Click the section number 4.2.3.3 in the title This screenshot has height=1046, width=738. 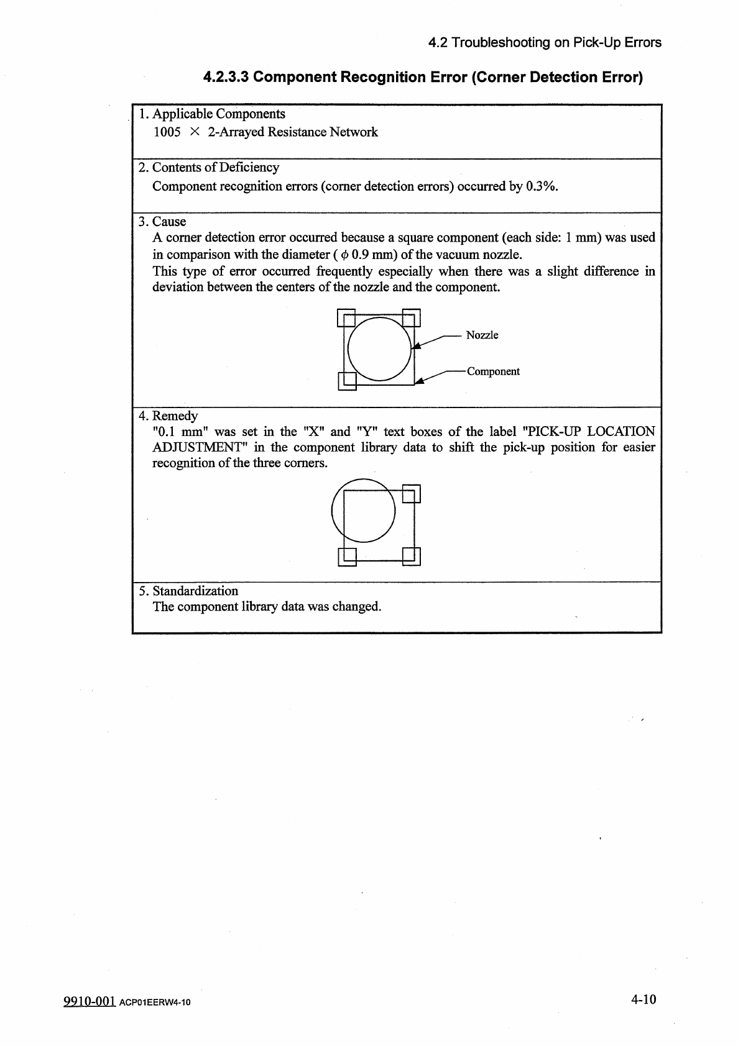click(x=227, y=78)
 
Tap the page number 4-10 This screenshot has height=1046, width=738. click(x=643, y=999)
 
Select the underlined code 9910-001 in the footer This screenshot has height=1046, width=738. click(x=90, y=1001)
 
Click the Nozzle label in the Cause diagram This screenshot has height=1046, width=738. click(x=482, y=335)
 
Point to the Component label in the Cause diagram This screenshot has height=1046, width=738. click(x=493, y=371)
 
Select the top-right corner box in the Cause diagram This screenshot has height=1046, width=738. click(x=412, y=317)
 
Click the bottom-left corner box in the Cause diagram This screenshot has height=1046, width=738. click(x=346, y=381)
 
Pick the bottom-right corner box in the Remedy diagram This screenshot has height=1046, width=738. click(x=412, y=557)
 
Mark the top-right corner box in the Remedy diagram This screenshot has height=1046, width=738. click(x=412, y=493)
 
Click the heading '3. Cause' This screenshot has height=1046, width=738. click(x=162, y=222)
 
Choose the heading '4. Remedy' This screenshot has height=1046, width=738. click(x=168, y=416)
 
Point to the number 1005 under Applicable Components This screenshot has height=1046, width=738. click(x=167, y=132)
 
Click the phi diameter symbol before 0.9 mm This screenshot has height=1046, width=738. click(x=344, y=255)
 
